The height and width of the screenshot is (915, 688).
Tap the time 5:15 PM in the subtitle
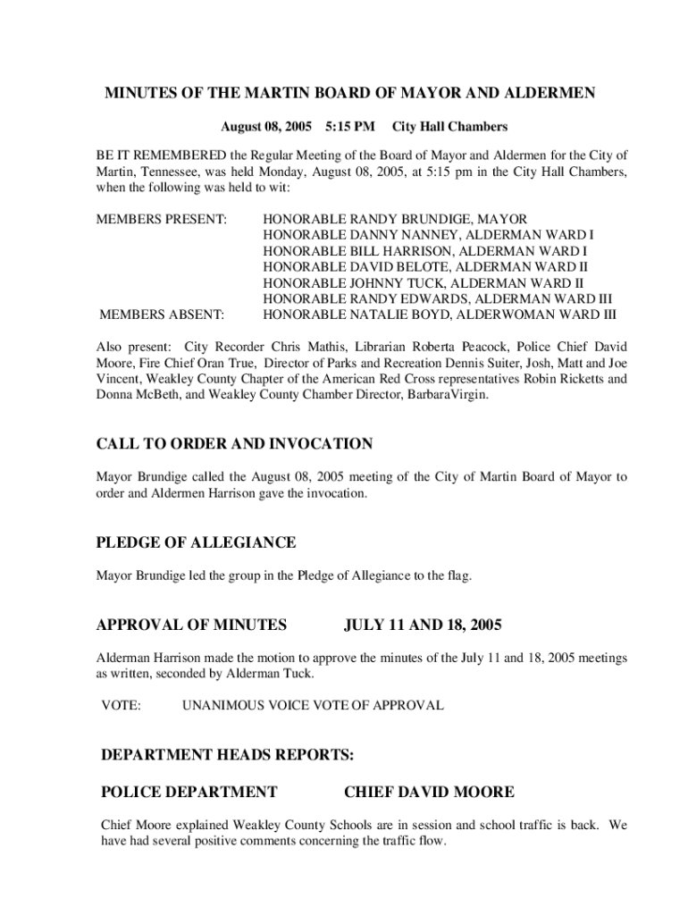[x=350, y=127]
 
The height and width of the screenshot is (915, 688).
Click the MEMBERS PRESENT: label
[x=162, y=219]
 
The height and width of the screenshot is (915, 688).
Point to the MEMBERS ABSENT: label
[x=163, y=315]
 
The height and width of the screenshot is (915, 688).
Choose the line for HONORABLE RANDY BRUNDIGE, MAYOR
[x=395, y=219]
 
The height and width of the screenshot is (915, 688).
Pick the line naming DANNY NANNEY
[x=428, y=235]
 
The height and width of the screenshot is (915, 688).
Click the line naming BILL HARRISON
[x=424, y=251]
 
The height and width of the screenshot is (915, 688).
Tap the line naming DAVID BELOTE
[x=425, y=267]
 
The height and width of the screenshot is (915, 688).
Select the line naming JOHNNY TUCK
[x=424, y=283]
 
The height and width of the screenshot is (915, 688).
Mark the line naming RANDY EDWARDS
[x=437, y=299]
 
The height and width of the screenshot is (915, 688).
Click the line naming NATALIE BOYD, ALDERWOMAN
[x=440, y=315]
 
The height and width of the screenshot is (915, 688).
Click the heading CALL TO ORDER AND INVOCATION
[x=234, y=444]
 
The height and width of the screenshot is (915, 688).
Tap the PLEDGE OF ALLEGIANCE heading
[x=196, y=543]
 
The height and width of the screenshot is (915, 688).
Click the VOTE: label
[x=121, y=706]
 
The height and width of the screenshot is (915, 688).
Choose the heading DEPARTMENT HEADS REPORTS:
[x=228, y=756]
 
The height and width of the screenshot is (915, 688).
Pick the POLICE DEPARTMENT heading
[x=189, y=792]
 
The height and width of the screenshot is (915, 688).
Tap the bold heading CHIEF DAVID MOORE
[x=429, y=792]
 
